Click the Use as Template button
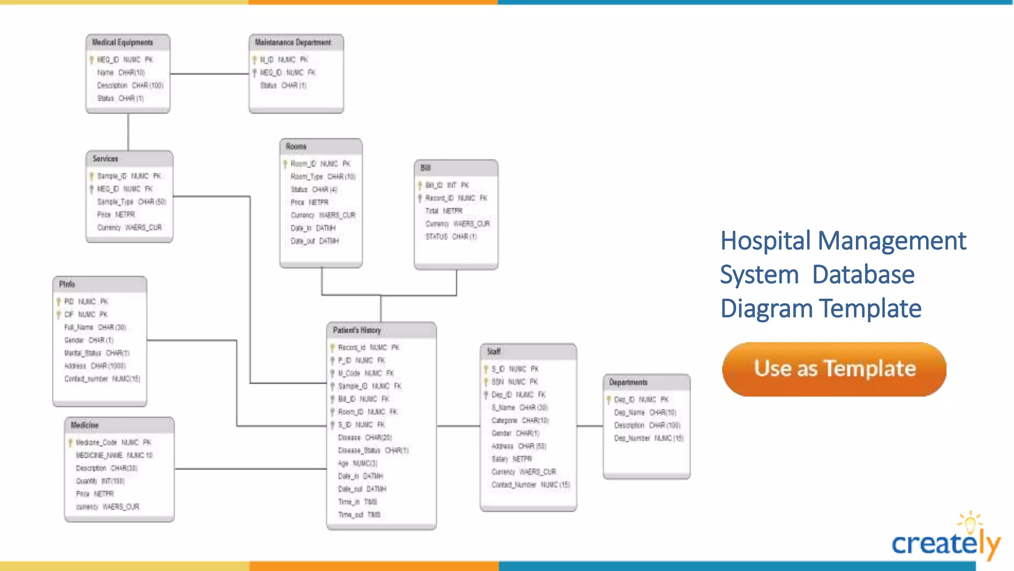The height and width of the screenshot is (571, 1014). [834, 369]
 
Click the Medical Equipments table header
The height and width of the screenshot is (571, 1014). [122, 43]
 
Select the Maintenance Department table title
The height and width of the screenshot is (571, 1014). [293, 43]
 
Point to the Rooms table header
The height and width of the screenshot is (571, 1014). [296, 147]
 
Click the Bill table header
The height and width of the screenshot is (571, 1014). [426, 168]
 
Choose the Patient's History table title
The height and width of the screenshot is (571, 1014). [357, 330]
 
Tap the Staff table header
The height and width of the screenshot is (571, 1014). [494, 352]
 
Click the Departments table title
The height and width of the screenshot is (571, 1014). [628, 382]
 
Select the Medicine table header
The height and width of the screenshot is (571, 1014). [85, 425]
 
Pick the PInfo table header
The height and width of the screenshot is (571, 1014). [67, 284]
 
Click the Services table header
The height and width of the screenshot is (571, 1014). [105, 159]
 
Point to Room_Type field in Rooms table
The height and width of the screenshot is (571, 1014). [306, 177]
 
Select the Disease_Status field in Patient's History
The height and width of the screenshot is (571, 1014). [359, 451]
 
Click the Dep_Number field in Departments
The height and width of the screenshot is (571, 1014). [632, 438]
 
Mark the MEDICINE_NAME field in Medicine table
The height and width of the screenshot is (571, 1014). [99, 455]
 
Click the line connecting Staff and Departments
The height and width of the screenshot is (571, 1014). [590, 426]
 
